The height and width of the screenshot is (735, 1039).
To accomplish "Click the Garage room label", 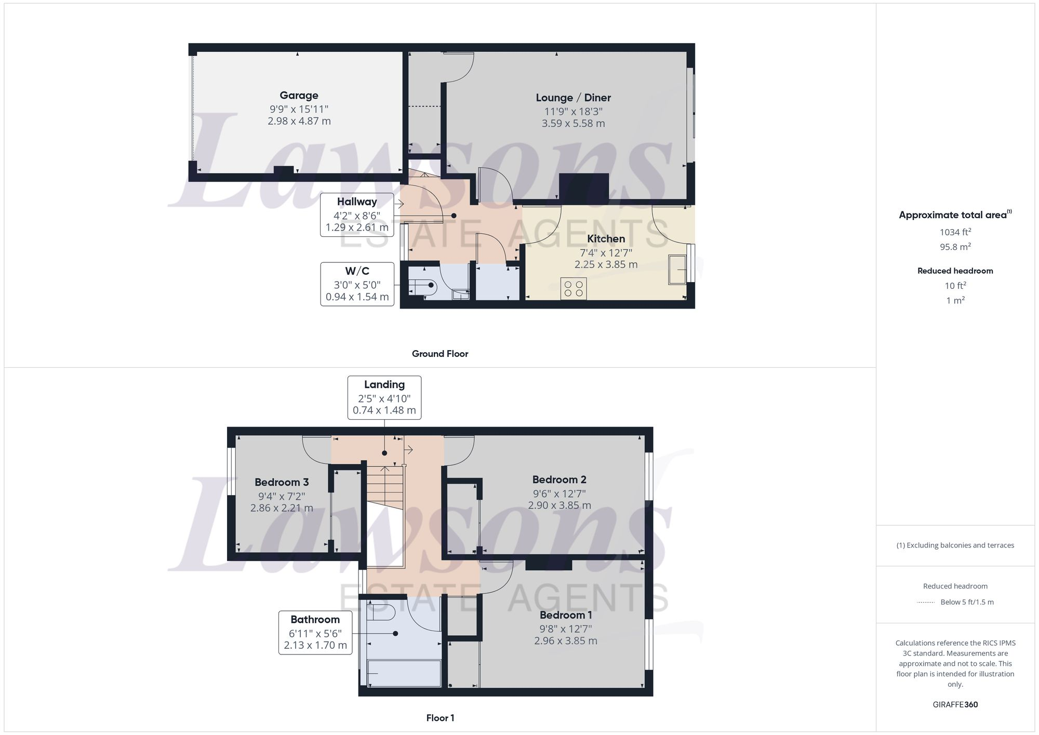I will pos(299,96).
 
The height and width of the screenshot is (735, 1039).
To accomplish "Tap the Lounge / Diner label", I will pos(573,98).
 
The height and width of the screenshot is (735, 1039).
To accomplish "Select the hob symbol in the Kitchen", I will pos(574,289).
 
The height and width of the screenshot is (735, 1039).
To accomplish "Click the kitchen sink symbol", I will pos(677,269).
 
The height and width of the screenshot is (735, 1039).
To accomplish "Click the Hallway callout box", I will pos(356,215).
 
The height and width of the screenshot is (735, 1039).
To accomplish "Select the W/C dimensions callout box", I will pos(357,284).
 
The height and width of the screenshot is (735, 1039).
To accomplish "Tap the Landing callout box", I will pos(384,397).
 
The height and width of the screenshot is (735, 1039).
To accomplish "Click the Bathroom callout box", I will pos(315,633).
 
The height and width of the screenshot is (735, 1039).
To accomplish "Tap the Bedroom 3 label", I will pos(282,483).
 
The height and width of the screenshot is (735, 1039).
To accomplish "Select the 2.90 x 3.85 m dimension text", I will pos(560,505).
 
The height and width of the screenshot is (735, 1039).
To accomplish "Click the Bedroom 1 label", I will pos(566,616).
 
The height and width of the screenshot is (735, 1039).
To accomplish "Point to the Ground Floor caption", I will pos(440,354).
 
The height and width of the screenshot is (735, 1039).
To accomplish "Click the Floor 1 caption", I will pos(440,718).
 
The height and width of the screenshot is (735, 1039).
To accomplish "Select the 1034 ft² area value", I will pos(955,232).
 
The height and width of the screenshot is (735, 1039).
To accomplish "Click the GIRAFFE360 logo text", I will pos(955,705).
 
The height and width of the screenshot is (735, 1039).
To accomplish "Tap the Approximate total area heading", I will pos(955,215).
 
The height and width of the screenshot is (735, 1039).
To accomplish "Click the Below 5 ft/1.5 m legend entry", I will pos(966,602).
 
